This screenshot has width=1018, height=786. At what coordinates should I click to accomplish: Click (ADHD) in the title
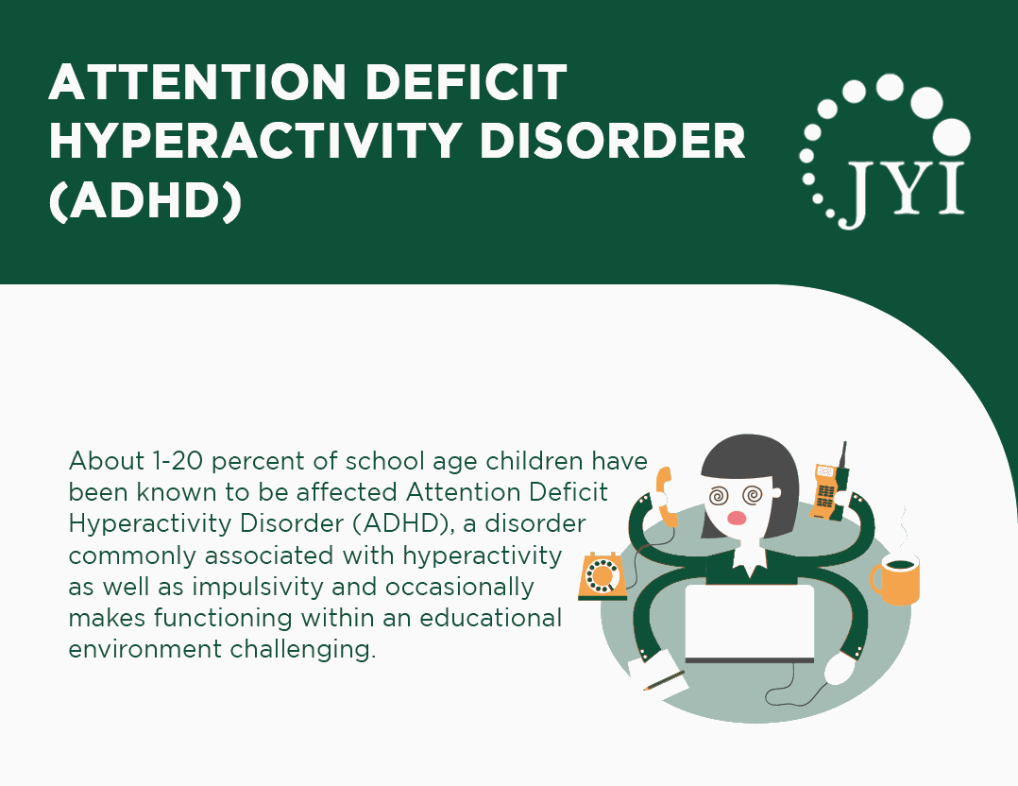pyautogui.click(x=144, y=200)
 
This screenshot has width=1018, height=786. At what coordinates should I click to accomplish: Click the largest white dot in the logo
pyautogui.click(x=951, y=135)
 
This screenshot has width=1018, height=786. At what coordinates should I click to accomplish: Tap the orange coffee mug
pyautogui.click(x=894, y=578)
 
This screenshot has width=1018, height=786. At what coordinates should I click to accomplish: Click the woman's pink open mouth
pyautogui.click(x=739, y=519)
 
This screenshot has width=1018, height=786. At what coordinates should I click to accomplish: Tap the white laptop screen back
pyautogui.click(x=749, y=620)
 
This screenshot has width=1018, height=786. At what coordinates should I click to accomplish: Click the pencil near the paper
pyautogui.click(x=664, y=681)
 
